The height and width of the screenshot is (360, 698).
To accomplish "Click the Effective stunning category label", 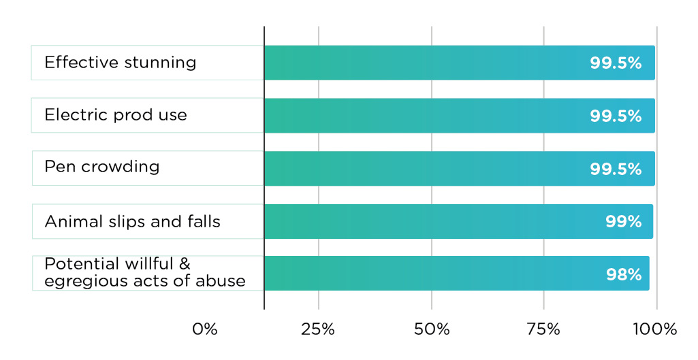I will click(x=121, y=63).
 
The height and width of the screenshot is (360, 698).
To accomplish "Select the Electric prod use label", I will click(x=116, y=115).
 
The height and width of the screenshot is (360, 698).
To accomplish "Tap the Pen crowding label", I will click(x=102, y=167).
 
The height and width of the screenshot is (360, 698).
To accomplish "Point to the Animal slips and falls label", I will click(x=132, y=221).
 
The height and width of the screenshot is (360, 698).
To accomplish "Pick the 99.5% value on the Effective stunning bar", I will click(x=616, y=63).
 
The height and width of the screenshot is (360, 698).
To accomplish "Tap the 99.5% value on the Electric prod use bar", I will click(x=616, y=116).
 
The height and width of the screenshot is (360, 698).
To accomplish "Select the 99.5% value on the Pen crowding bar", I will click(x=616, y=169).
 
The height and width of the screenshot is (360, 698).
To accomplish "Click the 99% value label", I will click(x=623, y=221).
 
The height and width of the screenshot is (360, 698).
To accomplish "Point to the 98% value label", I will click(x=623, y=274).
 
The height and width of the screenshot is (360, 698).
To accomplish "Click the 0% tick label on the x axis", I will click(x=205, y=329).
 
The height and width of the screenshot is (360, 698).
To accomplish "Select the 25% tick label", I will click(x=318, y=329).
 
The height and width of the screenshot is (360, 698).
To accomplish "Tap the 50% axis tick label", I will click(x=432, y=329).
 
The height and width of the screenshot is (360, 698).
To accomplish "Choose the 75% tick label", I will click(x=543, y=329).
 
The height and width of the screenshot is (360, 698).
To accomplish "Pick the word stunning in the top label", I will click(x=160, y=63).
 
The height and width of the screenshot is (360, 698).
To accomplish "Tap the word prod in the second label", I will click(x=133, y=115).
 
